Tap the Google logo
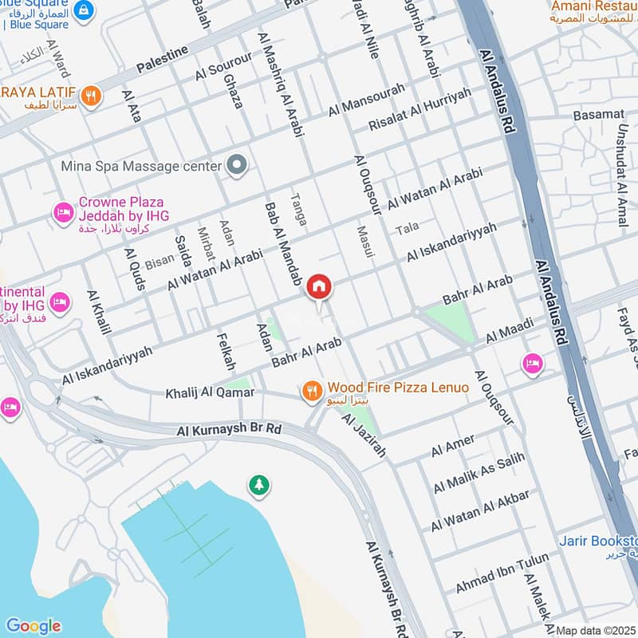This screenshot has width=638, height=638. click(x=33, y=626)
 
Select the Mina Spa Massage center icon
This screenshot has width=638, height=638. click(x=236, y=167)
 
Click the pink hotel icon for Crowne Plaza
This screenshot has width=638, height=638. click(x=62, y=213)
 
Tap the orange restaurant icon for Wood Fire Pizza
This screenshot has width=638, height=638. click(x=311, y=391)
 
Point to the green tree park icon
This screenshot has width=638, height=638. click(x=258, y=484)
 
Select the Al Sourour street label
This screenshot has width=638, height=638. click(x=224, y=69)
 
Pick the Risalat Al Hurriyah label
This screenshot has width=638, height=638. click(x=419, y=109)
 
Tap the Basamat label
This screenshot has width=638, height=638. click(x=598, y=115)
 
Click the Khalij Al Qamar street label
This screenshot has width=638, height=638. click(x=210, y=393)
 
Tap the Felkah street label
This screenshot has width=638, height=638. click(x=226, y=352)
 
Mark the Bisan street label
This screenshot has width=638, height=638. click(x=159, y=260)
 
